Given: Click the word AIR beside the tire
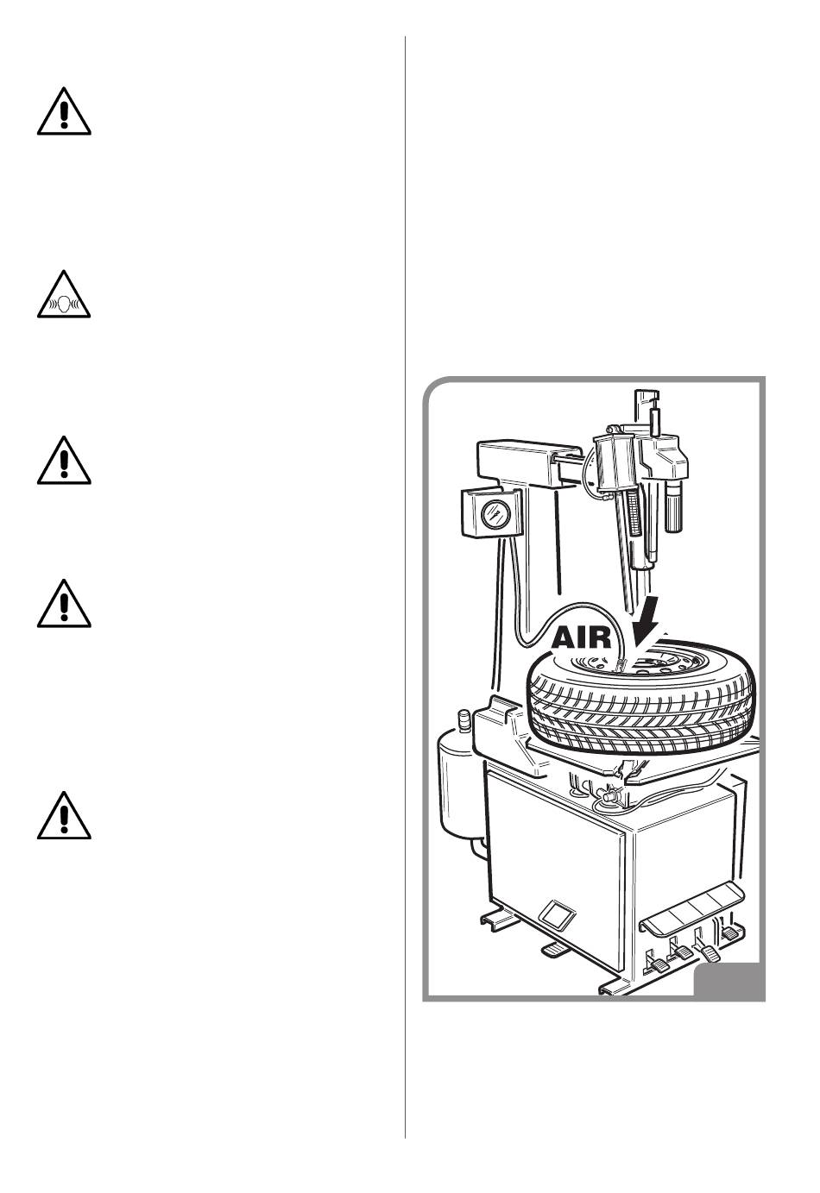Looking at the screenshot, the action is (x=582, y=638).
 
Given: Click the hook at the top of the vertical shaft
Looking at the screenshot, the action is (x=647, y=405).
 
